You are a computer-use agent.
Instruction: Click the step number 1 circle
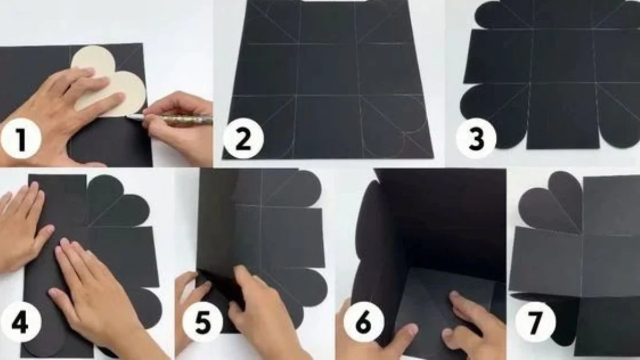[x=21, y=139]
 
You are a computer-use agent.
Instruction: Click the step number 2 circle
[x=243, y=139]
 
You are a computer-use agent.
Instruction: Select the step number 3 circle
[x=476, y=139]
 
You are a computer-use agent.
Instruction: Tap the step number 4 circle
[x=21, y=322]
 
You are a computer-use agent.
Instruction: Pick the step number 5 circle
[x=203, y=322]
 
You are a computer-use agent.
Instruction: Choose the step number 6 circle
[x=364, y=322]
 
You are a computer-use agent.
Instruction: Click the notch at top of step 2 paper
[x=329, y=2]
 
